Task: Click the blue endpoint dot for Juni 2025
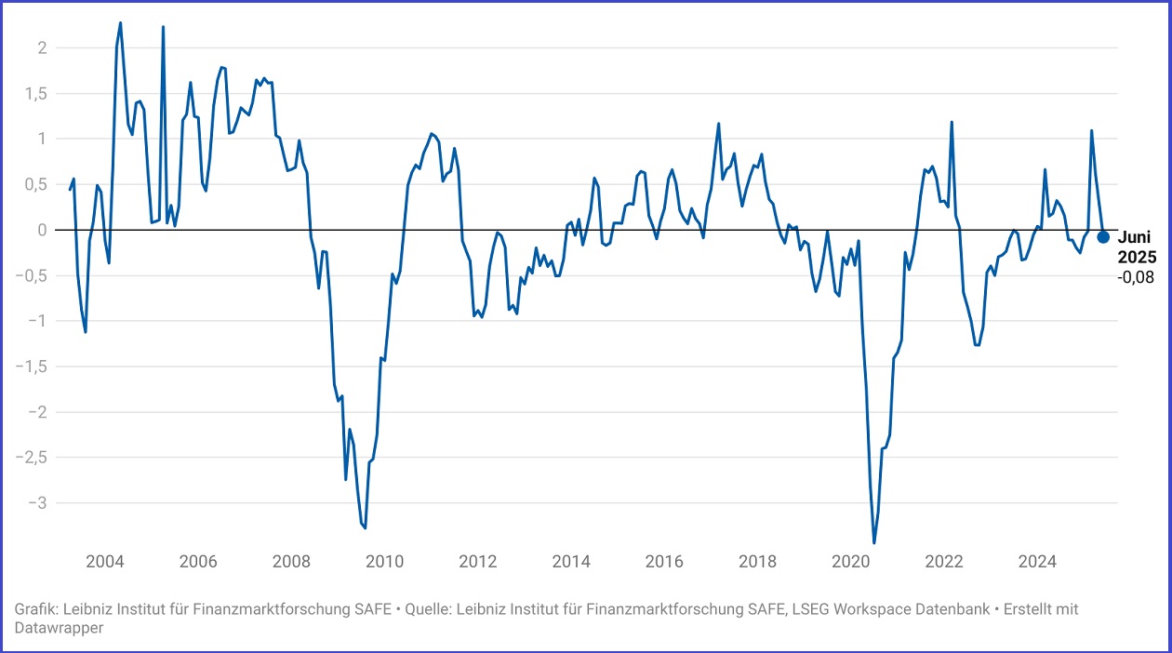(1103, 236)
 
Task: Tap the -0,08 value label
(1135, 276)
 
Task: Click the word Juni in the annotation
(1134, 237)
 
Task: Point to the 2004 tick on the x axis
(104, 562)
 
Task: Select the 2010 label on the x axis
(384, 562)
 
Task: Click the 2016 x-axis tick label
(664, 562)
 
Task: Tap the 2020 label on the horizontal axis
(850, 562)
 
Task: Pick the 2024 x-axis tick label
(1037, 562)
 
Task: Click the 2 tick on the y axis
(40, 47)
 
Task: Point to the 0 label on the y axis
(40, 230)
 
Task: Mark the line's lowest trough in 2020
(874, 542)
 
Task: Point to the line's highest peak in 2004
(121, 22)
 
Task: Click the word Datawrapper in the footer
(59, 628)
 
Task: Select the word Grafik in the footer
(34, 609)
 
